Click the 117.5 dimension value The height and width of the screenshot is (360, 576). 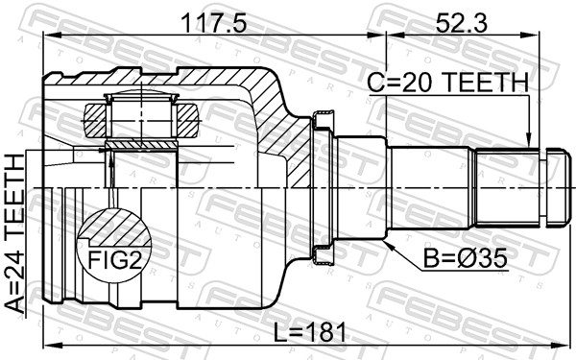tap(214, 22)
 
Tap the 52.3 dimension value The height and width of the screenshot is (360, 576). tap(462, 22)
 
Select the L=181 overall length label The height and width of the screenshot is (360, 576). tap(310, 333)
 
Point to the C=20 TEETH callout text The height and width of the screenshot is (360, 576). tap(447, 82)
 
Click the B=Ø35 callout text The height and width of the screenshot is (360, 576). tap(465, 258)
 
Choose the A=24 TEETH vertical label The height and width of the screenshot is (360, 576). tap(15, 233)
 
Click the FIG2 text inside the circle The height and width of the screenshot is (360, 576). tap(114, 260)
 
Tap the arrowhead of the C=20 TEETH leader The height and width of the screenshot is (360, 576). tap(529, 142)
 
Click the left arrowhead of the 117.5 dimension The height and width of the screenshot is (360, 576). tap(50, 36)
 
